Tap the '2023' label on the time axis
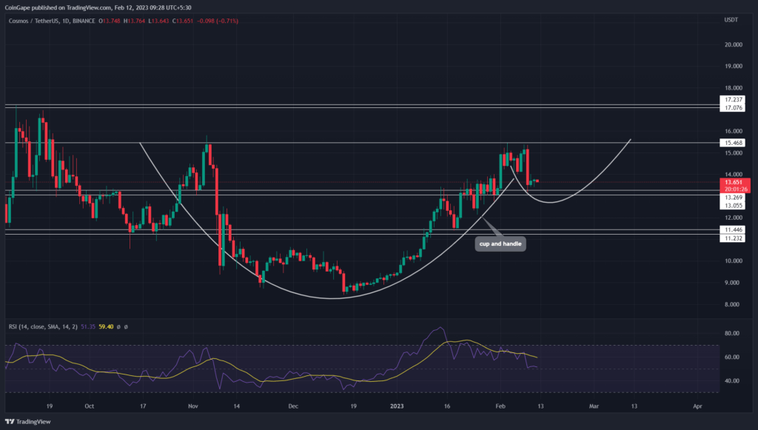398,406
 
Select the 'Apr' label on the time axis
697,406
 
